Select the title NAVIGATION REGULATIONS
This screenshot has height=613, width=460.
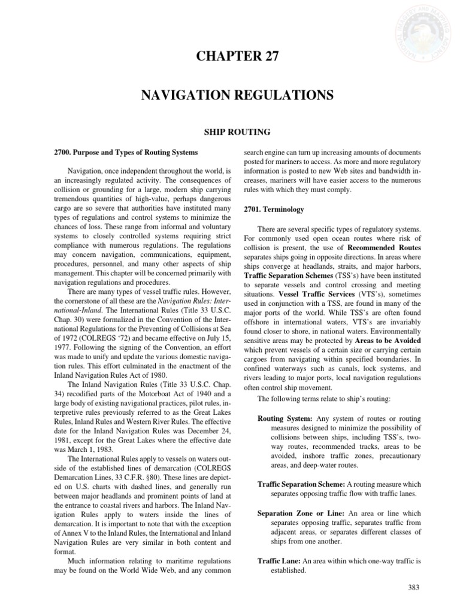(230, 96)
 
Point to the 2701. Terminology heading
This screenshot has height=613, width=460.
(272, 210)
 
